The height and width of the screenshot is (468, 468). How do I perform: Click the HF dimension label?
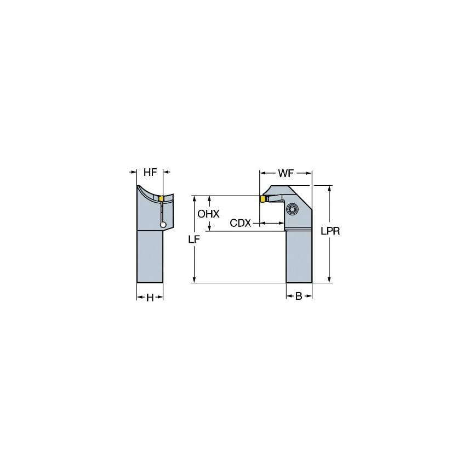coord(150,172)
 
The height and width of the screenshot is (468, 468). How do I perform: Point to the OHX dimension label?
coord(208,214)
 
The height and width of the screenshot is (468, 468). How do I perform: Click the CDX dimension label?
coord(240,223)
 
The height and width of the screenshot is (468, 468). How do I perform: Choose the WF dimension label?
coord(285,173)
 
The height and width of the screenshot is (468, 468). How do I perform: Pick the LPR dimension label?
coord(330,231)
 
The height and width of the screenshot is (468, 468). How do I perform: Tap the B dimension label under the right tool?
coord(299,296)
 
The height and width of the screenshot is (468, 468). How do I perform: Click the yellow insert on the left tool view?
coord(161,198)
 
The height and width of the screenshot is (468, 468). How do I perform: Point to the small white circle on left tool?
coord(163,224)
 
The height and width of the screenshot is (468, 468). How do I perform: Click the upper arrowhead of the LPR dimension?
coord(329,188)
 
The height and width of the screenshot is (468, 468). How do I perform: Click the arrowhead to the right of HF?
coord(166,173)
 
